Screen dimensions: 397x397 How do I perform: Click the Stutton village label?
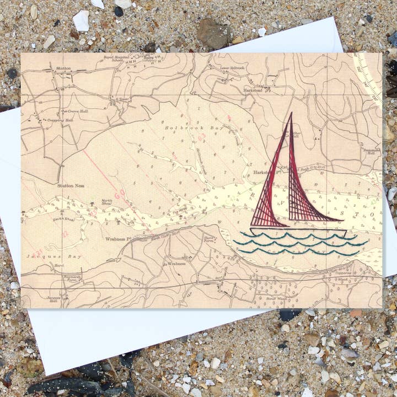pyautogui.click(x=63, y=68)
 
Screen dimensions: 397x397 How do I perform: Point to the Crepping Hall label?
pyautogui.click(x=61, y=120)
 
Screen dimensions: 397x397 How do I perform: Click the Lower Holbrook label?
pyautogui.click(x=232, y=68)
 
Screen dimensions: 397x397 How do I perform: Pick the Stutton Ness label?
pyautogui.click(x=71, y=186)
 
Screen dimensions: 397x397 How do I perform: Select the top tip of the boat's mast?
pyautogui.click(x=291, y=114)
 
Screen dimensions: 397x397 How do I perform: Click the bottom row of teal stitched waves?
pyautogui.click(x=298, y=252)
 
